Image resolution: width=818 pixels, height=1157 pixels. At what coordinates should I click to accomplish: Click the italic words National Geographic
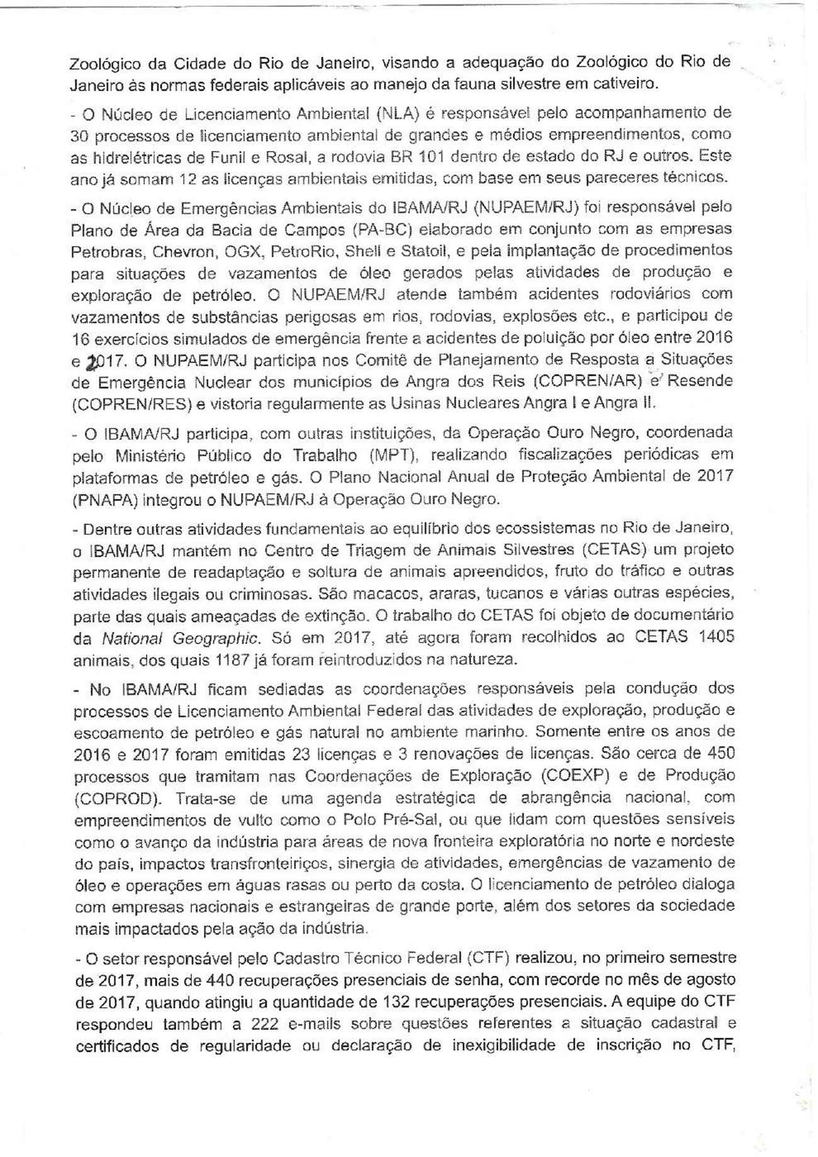coord(181,638)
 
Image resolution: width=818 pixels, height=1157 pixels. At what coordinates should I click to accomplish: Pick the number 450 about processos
coord(717,753)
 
